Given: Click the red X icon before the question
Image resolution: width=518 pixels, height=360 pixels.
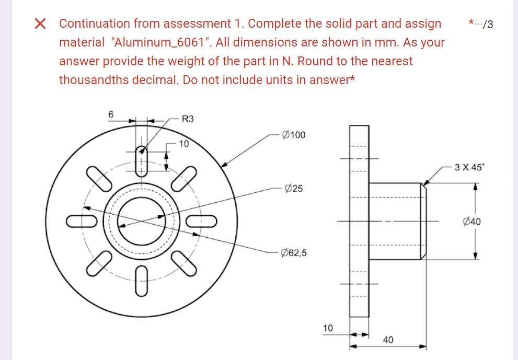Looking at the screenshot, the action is tap(40, 24).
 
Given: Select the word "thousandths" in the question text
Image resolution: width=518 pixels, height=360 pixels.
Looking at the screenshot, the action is tap(90, 80).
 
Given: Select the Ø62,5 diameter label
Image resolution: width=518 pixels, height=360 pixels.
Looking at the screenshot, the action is tap(294, 253).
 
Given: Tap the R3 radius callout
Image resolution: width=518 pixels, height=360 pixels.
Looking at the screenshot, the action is tap(188, 119).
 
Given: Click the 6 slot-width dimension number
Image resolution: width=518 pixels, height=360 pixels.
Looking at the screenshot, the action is tap(110, 114).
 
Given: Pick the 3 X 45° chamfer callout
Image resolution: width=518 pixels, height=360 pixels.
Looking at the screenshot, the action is tap(469, 168).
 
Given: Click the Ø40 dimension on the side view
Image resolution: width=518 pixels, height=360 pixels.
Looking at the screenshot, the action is tap(472, 222).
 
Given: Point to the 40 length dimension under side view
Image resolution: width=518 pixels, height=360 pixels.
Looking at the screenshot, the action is tap(388, 340).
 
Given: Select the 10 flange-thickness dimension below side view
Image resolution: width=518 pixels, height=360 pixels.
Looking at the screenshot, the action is tap(328, 328).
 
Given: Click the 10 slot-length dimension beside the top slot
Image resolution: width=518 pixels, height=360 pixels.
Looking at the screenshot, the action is tap(183, 143).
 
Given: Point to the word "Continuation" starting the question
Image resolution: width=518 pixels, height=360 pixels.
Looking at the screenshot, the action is tap(94, 24).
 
